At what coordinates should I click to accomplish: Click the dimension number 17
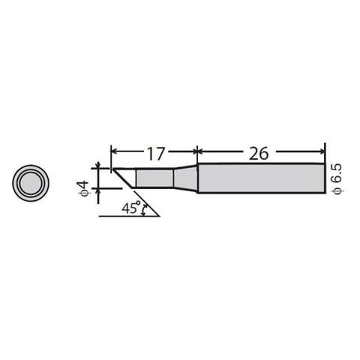point(155,154)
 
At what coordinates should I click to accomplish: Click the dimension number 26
point(259,154)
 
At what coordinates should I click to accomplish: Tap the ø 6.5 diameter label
point(337,181)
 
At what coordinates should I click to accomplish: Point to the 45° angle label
point(131,208)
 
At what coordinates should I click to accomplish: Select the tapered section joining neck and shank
point(185,178)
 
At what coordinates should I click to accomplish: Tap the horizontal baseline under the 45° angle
point(127,216)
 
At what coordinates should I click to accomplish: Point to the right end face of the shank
point(325,178)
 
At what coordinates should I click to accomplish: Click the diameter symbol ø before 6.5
point(337,192)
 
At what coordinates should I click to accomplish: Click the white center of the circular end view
point(31,181)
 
